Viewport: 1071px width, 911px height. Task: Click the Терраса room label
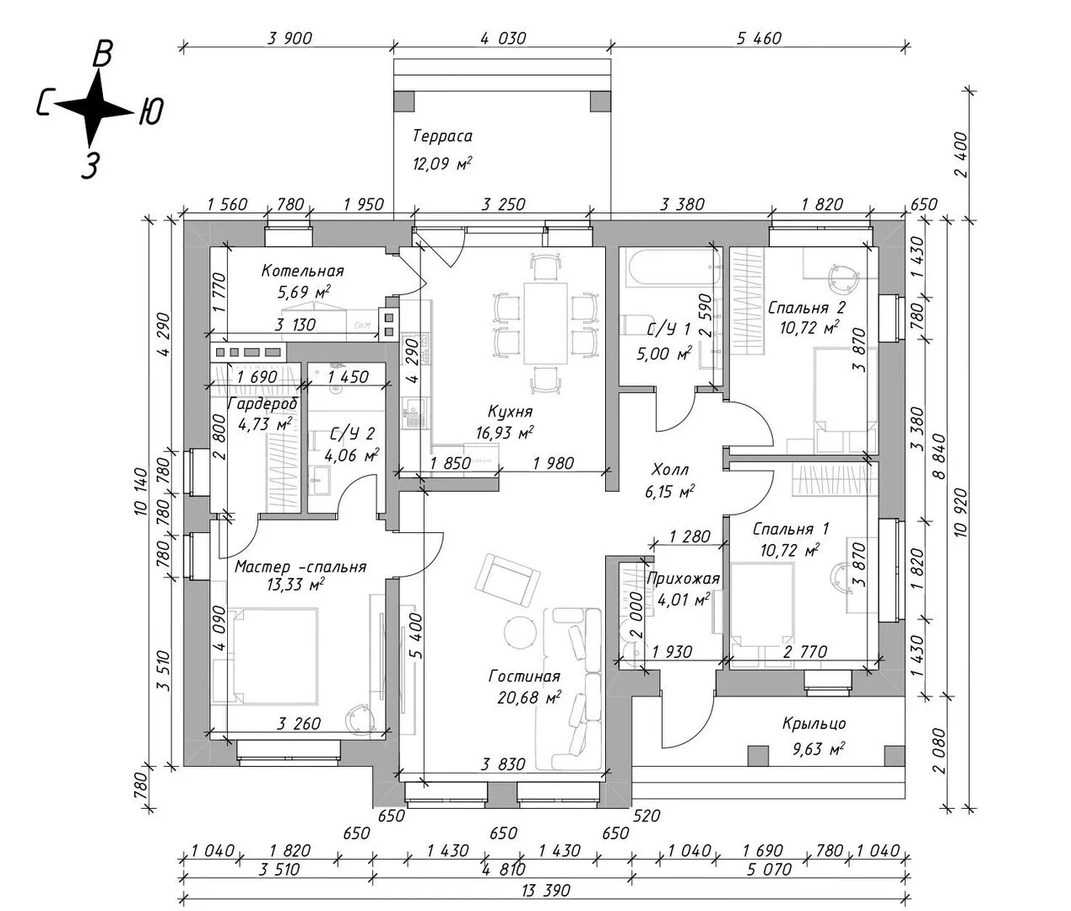(x=442, y=137)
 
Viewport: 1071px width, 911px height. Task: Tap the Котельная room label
(x=302, y=272)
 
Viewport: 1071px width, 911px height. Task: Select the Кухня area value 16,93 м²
(x=504, y=433)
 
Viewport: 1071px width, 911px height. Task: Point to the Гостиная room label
(x=524, y=677)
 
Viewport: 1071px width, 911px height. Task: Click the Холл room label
(x=670, y=470)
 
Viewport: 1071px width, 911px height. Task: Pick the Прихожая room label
(x=683, y=579)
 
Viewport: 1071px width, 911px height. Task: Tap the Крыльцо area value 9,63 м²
(x=814, y=747)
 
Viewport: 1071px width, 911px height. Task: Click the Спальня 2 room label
(x=806, y=308)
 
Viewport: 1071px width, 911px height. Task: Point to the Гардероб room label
(x=262, y=405)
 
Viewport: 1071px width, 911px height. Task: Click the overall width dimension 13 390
(x=545, y=890)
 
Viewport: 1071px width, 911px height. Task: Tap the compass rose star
(x=95, y=108)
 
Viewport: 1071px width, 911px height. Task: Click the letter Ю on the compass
(x=149, y=110)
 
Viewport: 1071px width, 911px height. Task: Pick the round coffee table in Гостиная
(x=519, y=631)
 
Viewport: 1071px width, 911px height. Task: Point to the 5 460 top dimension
(x=759, y=38)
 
